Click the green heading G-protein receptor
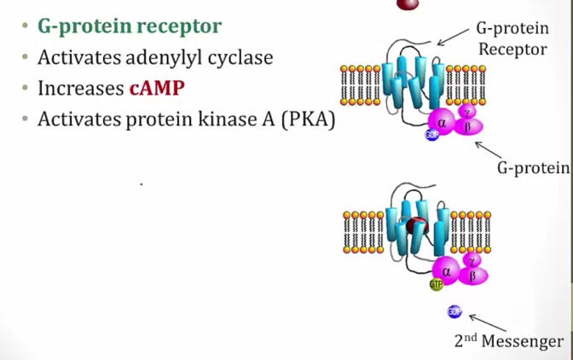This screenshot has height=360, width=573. point(129,26)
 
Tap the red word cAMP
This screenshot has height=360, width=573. point(157,88)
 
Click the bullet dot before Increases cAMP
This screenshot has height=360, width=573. point(26,89)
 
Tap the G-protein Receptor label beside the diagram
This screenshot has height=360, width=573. point(512,39)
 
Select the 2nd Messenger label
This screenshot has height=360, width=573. point(509,341)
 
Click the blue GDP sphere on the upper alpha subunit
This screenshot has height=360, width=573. point(431,135)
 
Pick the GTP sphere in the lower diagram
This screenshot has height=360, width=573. point(437,284)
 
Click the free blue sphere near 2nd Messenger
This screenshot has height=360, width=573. point(454,312)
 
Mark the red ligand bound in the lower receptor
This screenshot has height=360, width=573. point(416,226)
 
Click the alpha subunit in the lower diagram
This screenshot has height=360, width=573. point(446,270)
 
